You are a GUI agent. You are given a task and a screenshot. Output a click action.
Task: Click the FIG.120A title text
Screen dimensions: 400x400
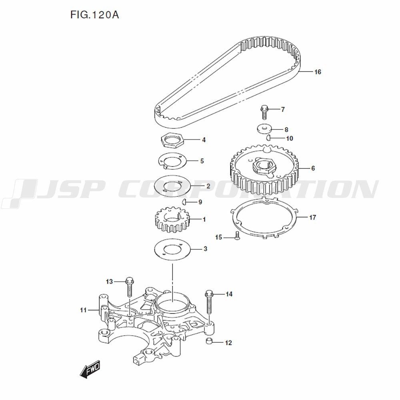(95, 15)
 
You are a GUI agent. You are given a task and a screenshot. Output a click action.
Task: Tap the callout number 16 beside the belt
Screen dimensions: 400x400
(318, 72)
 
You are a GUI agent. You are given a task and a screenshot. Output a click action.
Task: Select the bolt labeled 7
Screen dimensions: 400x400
(264, 112)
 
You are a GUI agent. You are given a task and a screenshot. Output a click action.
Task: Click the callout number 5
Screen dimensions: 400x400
(202, 161)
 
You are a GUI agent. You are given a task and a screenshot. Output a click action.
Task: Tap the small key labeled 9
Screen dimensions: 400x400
(184, 202)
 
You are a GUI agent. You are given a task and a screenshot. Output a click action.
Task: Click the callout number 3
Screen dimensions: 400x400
(205, 249)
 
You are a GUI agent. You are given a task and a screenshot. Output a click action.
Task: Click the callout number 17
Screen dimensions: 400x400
(312, 217)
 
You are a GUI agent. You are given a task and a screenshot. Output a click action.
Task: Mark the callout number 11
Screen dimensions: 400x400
(84, 310)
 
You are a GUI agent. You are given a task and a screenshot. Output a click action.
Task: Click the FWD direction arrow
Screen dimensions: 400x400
(90, 369)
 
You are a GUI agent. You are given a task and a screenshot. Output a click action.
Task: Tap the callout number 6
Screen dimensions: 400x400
(313, 168)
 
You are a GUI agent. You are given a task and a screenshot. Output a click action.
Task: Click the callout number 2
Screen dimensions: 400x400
(208, 186)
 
